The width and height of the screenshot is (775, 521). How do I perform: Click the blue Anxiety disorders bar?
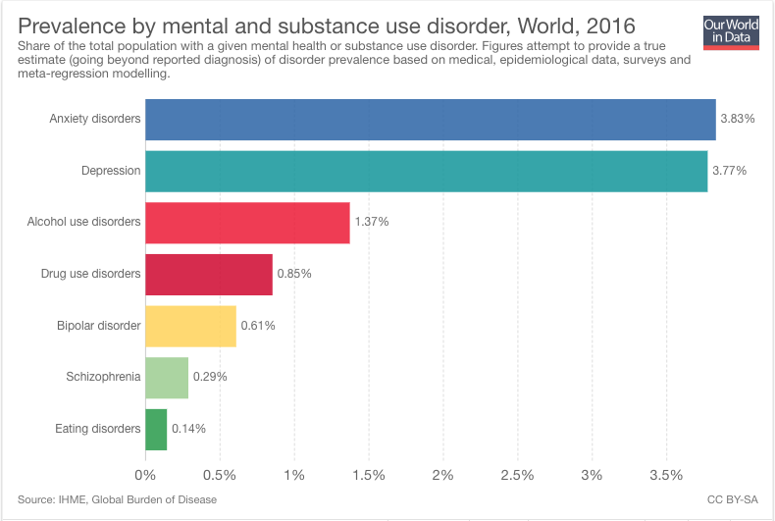(x=430, y=120)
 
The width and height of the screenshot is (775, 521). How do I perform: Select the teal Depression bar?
(x=426, y=171)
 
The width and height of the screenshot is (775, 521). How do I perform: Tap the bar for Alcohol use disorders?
(x=247, y=223)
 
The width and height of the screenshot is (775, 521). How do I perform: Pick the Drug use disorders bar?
(x=208, y=274)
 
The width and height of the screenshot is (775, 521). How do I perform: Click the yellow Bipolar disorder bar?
(x=190, y=326)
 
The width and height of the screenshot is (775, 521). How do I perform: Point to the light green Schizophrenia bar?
(x=167, y=377)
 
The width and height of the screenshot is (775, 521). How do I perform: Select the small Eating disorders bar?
(x=156, y=429)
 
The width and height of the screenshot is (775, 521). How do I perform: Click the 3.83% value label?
(x=737, y=119)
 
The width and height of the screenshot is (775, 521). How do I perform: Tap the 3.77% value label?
(x=729, y=171)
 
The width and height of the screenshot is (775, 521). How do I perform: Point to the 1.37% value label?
(x=372, y=223)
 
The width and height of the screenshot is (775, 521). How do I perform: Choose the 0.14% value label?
(x=188, y=429)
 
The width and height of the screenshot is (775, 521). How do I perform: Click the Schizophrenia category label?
(x=103, y=377)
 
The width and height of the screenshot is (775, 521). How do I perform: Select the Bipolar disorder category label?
(x=98, y=326)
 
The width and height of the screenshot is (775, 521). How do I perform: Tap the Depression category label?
(x=110, y=171)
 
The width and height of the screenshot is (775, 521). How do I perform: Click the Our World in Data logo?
(x=731, y=31)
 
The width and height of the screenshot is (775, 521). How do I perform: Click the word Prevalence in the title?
(x=74, y=26)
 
